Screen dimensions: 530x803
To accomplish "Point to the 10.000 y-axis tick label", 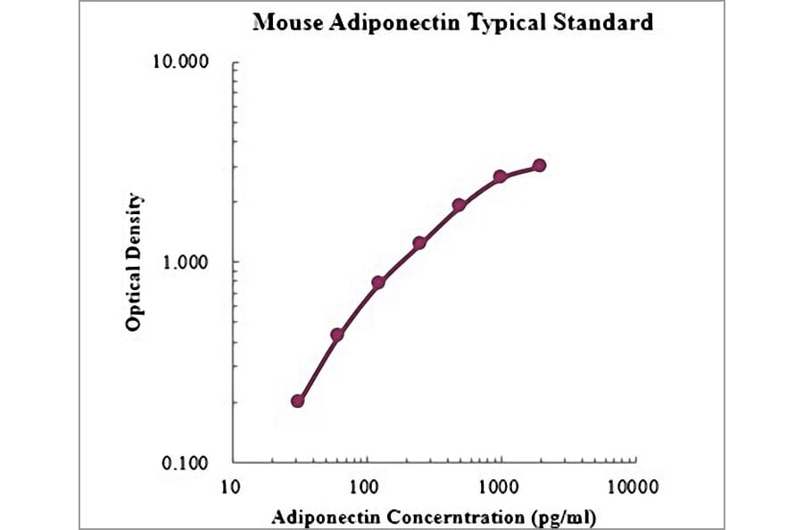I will click(182, 63).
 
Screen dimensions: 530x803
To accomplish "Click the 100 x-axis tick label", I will click(364, 487).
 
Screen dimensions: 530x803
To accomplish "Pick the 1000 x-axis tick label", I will click(499, 487).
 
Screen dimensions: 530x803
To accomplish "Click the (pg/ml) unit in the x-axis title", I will click(565, 516).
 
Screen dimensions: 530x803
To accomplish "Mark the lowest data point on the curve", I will click(297, 402).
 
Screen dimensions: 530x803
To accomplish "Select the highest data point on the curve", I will click(539, 166).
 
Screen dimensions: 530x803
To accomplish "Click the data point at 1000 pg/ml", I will click(501, 177).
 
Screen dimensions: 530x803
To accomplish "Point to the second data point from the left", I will click(337, 335).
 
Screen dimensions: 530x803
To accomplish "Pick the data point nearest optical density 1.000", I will click(419, 243).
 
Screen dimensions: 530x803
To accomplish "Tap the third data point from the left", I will click(378, 283).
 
